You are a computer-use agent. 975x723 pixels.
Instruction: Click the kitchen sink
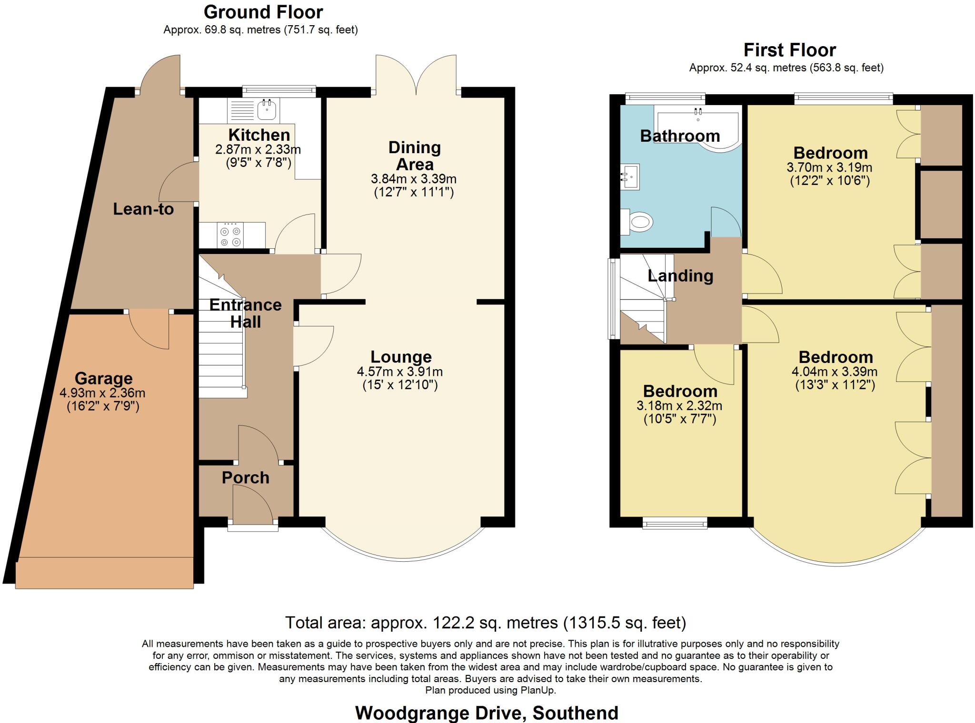[x=267, y=110]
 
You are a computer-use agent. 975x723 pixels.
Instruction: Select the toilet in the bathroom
[x=638, y=222]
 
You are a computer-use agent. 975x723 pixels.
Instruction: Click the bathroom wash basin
[x=631, y=176]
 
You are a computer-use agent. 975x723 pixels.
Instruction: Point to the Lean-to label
[x=143, y=209]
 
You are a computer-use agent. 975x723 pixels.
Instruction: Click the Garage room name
[x=103, y=379]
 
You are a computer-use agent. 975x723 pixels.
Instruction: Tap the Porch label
[x=245, y=478]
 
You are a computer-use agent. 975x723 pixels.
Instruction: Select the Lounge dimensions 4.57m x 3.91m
[x=400, y=371]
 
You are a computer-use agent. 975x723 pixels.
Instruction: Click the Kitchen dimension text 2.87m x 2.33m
[x=258, y=149]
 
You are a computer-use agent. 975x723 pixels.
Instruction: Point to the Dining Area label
[x=415, y=156]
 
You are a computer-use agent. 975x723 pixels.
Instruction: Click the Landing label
[x=680, y=275]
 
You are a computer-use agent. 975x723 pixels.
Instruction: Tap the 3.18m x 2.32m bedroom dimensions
[x=679, y=406]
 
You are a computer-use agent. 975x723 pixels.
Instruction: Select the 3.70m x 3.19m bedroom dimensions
[x=829, y=167]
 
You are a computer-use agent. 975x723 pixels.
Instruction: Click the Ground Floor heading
[x=263, y=12]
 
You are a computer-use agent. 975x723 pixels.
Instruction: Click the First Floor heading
[x=789, y=50]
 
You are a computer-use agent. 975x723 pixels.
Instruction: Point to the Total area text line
[x=486, y=622]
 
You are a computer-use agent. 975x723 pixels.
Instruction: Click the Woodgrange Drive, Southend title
[x=487, y=713]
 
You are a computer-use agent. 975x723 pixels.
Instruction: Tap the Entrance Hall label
[x=245, y=313]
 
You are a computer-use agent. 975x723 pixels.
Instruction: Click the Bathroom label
[x=679, y=136]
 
